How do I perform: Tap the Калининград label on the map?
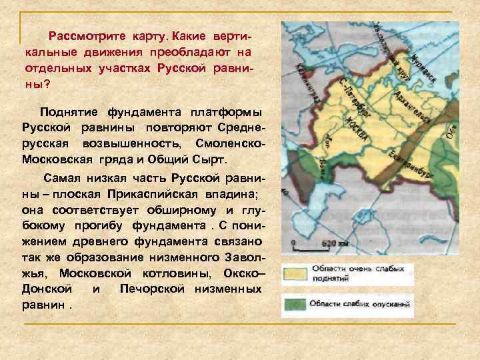307,83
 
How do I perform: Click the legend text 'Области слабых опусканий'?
357,304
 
